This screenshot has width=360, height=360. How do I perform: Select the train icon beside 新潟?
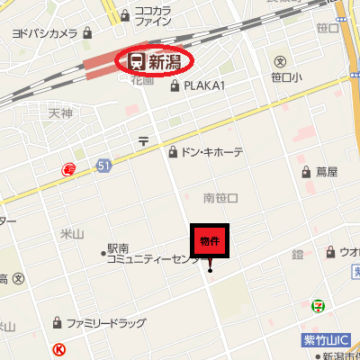pyautogui.click(x=137, y=62)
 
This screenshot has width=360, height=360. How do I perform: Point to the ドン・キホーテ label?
pyautogui.click(x=211, y=153)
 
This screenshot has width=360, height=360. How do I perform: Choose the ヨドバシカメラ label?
pyautogui.click(x=45, y=33)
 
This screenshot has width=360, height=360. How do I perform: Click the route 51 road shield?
pyautogui.click(x=104, y=165)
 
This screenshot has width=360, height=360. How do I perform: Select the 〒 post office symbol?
pyautogui.click(x=143, y=140)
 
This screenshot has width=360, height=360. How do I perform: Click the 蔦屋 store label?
pyautogui.click(x=326, y=171)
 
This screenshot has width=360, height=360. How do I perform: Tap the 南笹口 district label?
pyautogui.click(x=220, y=197)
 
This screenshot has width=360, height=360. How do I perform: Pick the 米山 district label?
pyautogui.click(x=71, y=234)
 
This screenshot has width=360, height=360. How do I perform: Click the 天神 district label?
pyautogui.click(x=60, y=113)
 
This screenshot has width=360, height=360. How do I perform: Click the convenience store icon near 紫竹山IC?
pyautogui.click(x=318, y=307)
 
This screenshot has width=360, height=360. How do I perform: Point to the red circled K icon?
pyautogui.click(x=59, y=348)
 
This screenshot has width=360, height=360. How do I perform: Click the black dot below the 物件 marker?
pyautogui.click(x=210, y=270)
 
